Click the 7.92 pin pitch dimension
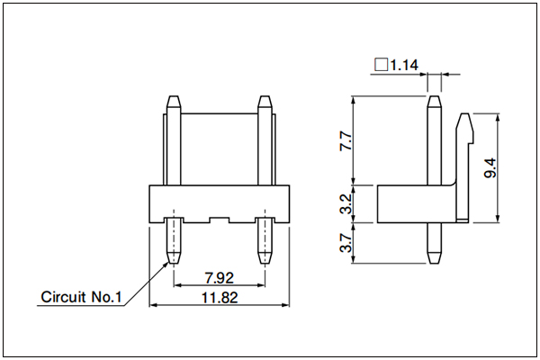(x=219, y=278)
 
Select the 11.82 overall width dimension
(x=220, y=298)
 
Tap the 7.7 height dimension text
(x=346, y=140)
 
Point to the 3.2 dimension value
(x=346, y=203)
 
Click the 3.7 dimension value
(x=346, y=243)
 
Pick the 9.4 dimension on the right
(x=490, y=167)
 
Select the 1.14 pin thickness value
(x=404, y=65)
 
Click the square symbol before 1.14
(x=382, y=65)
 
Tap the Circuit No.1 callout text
(x=81, y=297)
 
